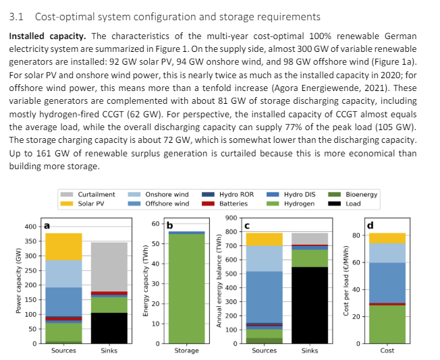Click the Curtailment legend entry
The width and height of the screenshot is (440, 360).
click(x=96, y=194)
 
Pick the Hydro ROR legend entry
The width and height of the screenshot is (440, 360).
click(x=236, y=194)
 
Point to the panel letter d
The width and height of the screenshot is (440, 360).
click(x=370, y=224)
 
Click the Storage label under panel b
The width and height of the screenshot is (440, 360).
click(x=186, y=351)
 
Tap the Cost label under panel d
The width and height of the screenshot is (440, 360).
click(x=387, y=351)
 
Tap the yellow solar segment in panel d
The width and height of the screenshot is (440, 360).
click(x=387, y=238)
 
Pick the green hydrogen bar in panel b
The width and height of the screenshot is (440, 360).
click(x=186, y=290)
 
